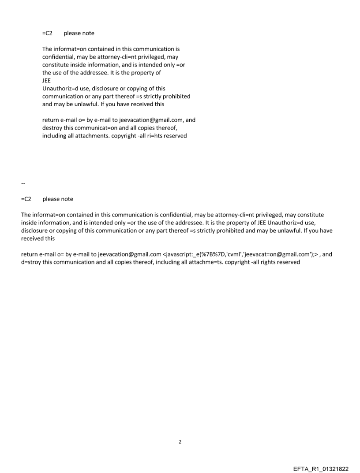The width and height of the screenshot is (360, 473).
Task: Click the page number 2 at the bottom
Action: click(180, 442)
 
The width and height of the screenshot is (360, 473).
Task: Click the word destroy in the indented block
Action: click(52, 128)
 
